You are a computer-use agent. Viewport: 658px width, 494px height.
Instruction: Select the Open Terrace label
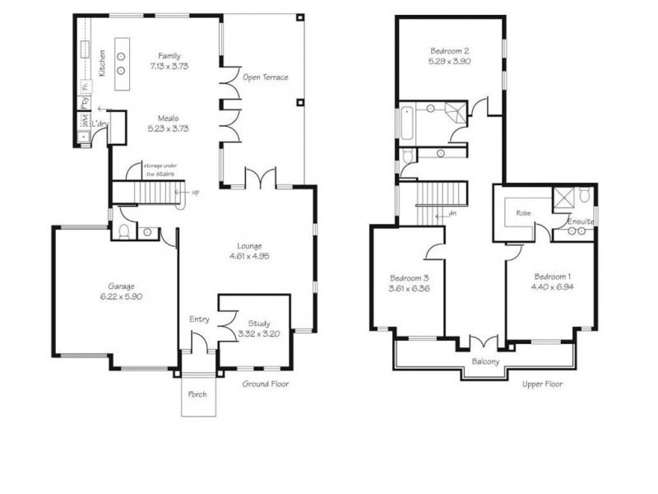coord(265,77)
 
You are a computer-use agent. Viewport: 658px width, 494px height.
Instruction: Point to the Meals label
coord(169,118)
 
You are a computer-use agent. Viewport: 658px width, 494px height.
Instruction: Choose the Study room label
coord(253,324)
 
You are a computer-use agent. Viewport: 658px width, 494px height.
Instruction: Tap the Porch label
coord(197,394)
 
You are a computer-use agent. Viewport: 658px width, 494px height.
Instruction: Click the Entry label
coord(199,319)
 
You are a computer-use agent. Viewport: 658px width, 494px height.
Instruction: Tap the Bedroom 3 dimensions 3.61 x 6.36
coord(409,289)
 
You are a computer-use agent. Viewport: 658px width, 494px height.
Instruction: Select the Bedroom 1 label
coord(552,276)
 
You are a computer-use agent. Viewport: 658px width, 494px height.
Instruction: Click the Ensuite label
coord(581,221)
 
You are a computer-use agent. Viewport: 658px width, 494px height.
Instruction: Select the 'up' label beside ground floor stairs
coord(195,193)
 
